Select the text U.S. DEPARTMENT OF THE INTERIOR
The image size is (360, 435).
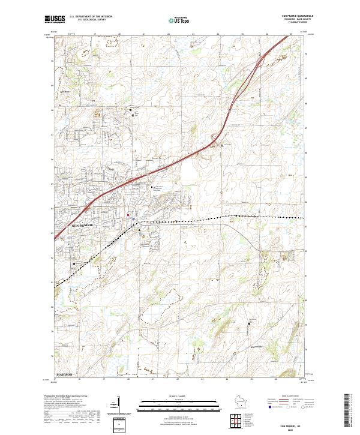tap(91, 17)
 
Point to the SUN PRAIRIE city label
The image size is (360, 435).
tap(83, 223)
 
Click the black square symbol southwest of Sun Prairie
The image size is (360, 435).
tap(74, 263)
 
